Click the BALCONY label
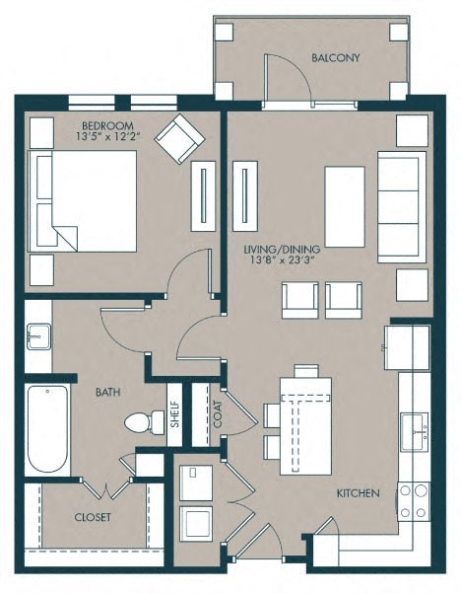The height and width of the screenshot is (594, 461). (336, 58)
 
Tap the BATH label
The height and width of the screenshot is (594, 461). (109, 392)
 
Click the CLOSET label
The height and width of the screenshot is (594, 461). (93, 517)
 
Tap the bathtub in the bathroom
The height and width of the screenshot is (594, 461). (47, 428)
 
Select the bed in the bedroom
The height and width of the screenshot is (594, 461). (84, 201)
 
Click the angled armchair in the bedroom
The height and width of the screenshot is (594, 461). (179, 139)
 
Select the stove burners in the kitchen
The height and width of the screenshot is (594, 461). (414, 501)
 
